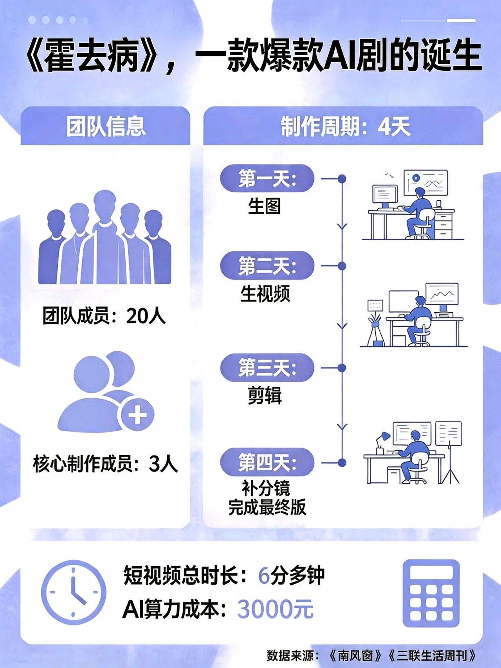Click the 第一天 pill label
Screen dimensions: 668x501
coord(267,179)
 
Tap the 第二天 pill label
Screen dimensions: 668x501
coord(267,266)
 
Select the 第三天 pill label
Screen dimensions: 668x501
coord(267,368)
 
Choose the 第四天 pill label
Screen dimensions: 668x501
coord(267,463)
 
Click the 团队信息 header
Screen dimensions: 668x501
coord(106,126)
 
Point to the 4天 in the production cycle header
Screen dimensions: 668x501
coord(394,127)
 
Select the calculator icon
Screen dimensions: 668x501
coord(431,593)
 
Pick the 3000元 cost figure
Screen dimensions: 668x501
coord(276,609)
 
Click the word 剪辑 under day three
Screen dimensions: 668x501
coord(265,396)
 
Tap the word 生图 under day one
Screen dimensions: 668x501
coord(265,205)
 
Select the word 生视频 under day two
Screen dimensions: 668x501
coord(265,293)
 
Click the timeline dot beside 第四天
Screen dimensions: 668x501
coord(342,463)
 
